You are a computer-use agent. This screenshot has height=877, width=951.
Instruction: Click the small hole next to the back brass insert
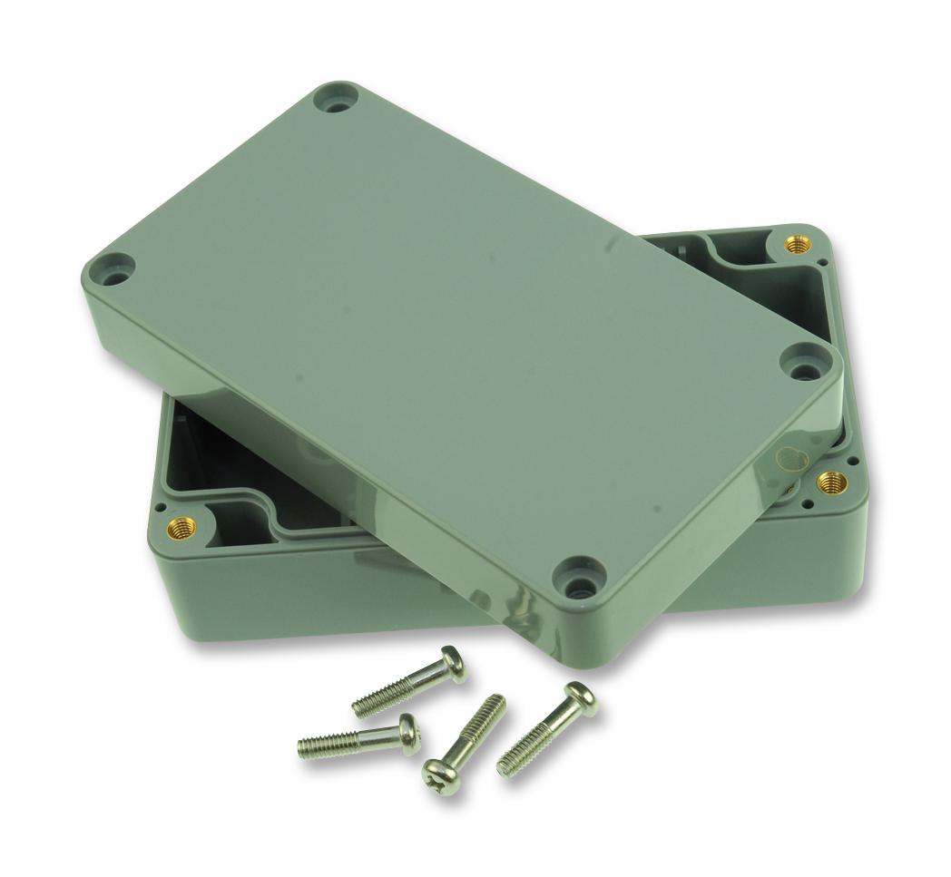pyautogui.click(x=822, y=263)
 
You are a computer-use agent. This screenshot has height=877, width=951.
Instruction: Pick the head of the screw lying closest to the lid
pyautogui.click(x=453, y=664)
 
